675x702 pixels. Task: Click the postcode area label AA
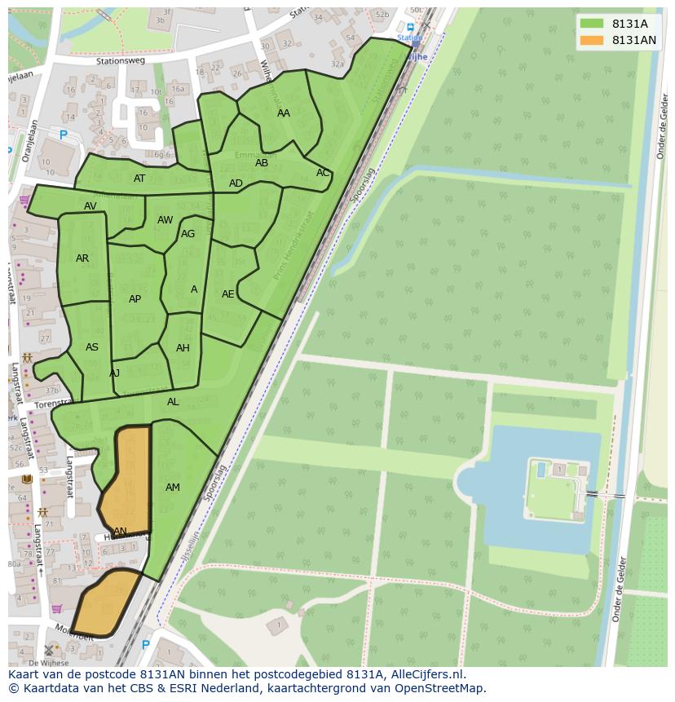(x=284, y=113)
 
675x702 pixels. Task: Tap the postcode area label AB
(x=262, y=163)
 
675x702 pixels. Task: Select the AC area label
(x=323, y=173)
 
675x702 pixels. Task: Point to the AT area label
(x=139, y=179)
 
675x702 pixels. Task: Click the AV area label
(x=90, y=206)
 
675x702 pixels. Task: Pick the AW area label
(x=165, y=220)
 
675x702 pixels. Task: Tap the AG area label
(x=188, y=234)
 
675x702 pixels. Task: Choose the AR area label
(x=82, y=258)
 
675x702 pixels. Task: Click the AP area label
(x=135, y=299)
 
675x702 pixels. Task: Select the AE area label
(x=228, y=294)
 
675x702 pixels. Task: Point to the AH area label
(x=183, y=348)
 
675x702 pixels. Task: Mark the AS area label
(x=92, y=347)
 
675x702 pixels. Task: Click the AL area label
(x=173, y=402)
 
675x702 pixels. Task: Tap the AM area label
(x=173, y=488)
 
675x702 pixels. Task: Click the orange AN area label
(x=120, y=532)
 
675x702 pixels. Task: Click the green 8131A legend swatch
(x=593, y=24)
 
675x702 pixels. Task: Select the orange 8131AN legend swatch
(x=593, y=40)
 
